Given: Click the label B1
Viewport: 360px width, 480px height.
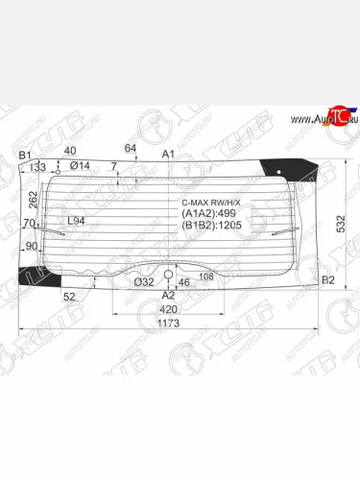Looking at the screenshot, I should tap(26, 156).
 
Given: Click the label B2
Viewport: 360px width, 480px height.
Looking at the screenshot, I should tap(328, 279).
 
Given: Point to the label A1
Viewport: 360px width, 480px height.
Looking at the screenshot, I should tap(168, 154).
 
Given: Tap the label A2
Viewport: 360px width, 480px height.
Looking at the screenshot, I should tap(169, 297).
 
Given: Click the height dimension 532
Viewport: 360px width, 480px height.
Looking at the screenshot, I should tap(342, 222).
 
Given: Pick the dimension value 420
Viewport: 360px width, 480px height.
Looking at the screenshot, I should tap(169, 310).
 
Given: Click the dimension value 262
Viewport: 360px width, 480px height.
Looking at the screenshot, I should tap(35, 199).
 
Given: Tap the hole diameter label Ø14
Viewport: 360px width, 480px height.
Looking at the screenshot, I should tap(80, 166).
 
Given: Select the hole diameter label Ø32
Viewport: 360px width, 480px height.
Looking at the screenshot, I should tap(144, 281).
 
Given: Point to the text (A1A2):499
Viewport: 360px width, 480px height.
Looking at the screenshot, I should tap(210, 214).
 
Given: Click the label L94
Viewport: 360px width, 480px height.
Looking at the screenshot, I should tap(77, 223).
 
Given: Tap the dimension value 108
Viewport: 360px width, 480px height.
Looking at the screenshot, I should tap(205, 277).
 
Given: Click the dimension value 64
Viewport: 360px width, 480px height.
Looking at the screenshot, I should tap(131, 147).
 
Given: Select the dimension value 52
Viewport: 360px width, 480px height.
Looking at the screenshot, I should tap(70, 297).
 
